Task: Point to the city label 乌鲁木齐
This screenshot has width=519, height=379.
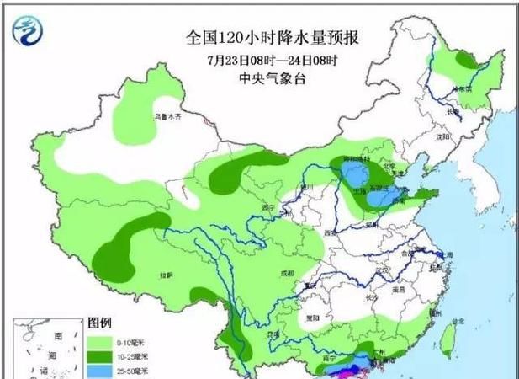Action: coord(167,117)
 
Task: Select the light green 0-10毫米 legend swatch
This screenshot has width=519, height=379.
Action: coord(100,341)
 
